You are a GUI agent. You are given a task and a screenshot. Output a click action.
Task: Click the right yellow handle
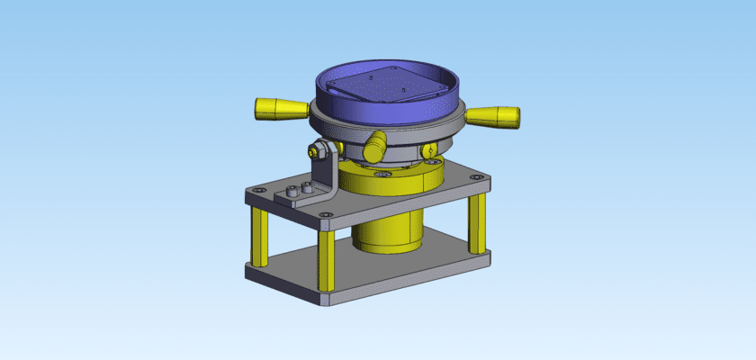[494, 117]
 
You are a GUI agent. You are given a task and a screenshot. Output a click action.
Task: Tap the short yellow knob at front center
[376, 143]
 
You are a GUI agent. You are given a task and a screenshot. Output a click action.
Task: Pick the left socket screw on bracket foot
[292, 193]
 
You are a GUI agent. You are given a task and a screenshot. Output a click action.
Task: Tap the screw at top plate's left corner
[259, 191]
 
